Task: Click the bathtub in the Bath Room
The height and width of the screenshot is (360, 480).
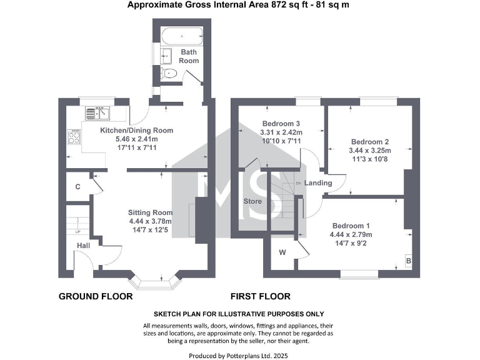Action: [x=181, y=35]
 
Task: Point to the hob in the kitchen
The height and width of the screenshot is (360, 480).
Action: [x=74, y=136]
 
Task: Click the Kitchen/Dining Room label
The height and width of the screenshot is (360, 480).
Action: [x=136, y=131]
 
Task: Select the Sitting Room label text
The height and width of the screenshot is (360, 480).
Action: [x=149, y=212]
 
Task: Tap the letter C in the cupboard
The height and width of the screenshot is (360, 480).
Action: [x=77, y=187]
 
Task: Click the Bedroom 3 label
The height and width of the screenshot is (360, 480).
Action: [x=281, y=123]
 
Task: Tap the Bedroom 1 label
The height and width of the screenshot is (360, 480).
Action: [x=351, y=226]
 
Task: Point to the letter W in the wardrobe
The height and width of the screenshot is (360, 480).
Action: [x=282, y=252]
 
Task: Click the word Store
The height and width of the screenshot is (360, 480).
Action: [x=252, y=202]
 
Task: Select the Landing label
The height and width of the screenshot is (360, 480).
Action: [x=317, y=183]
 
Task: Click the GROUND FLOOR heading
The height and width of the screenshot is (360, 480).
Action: [x=96, y=296]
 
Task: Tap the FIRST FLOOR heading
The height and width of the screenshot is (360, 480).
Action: [x=261, y=296]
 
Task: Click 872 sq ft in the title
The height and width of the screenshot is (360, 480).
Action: [x=296, y=5]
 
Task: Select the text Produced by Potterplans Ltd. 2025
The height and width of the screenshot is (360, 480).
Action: [x=240, y=355]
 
